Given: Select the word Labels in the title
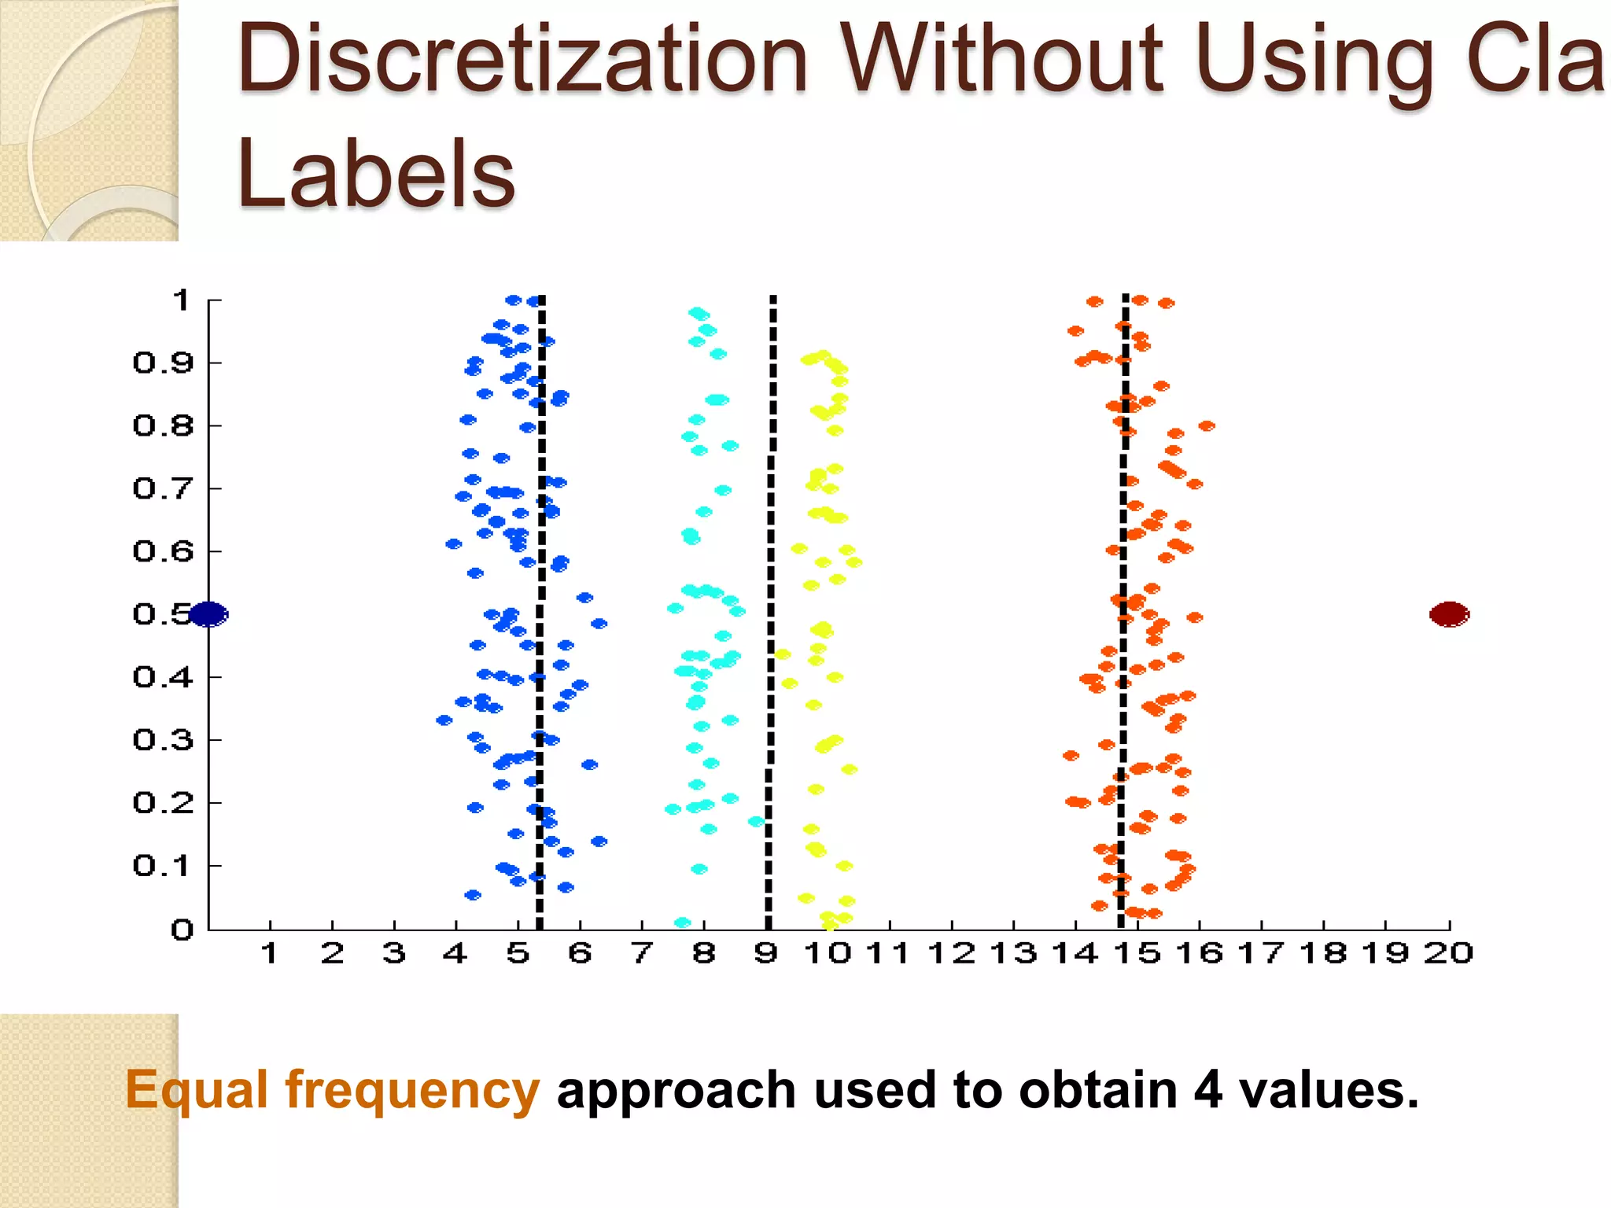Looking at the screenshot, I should coord(376,175).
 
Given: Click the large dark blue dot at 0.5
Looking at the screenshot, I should coord(208,614).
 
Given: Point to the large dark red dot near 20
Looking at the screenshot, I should coord(1449,614).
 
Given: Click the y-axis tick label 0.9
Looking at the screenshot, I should coord(163,363).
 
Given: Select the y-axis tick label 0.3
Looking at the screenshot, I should coord(163,740).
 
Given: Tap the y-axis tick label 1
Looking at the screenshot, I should coord(182,300).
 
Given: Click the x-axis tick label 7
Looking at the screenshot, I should coord(642,954).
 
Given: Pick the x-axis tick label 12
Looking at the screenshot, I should coord(951,954).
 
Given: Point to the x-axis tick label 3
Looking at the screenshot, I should coord(394,954).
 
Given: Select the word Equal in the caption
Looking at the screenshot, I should coord(197,1091).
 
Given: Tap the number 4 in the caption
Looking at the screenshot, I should coord(1207,1091).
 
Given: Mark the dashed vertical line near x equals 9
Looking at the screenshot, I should coord(771,551).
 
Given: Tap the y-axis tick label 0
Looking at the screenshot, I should coord(182,930).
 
